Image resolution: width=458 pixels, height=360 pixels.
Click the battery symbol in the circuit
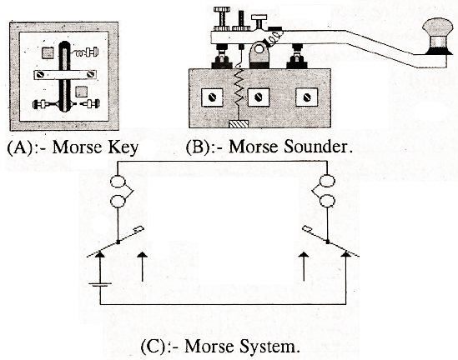click(101, 287)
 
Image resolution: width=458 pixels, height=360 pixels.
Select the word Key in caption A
click(122, 148)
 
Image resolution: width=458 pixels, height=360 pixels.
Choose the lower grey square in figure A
click(83, 90)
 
